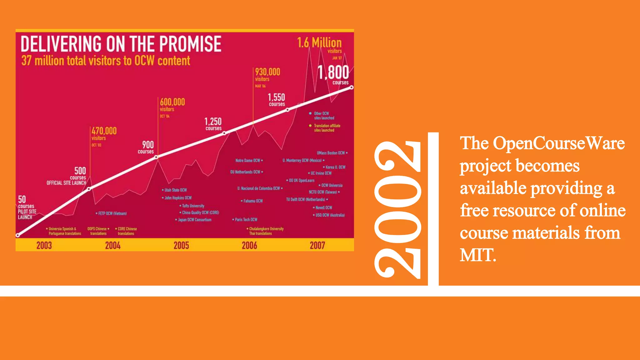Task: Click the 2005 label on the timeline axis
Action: click(x=181, y=246)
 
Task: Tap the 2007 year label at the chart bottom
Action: click(x=317, y=246)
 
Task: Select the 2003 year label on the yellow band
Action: click(x=44, y=246)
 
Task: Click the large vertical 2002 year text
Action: click(x=397, y=209)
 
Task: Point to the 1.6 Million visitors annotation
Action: click(x=319, y=43)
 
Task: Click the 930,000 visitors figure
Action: click(x=267, y=72)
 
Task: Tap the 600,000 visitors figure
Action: click(x=172, y=102)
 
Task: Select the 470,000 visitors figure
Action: click(x=104, y=131)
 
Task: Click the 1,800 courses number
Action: click(x=333, y=72)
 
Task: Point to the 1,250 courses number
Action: click(x=213, y=121)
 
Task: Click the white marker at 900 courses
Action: click(x=157, y=157)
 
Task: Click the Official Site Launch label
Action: click(x=66, y=183)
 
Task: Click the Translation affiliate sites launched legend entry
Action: click(x=327, y=128)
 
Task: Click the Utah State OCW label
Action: click(x=175, y=190)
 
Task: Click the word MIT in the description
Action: click(x=477, y=255)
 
